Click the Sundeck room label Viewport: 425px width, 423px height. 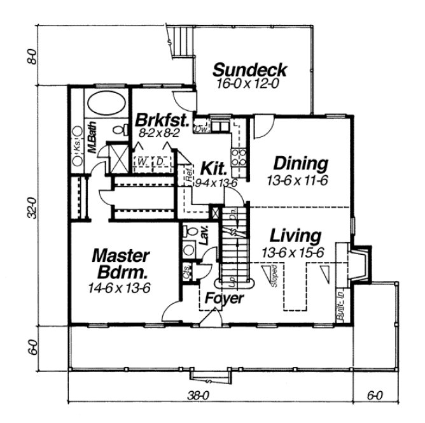pyautogui.click(x=249, y=69)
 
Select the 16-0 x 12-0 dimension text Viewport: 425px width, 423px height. pyautogui.click(x=250, y=83)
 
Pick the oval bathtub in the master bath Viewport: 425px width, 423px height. pyautogui.click(x=106, y=102)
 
